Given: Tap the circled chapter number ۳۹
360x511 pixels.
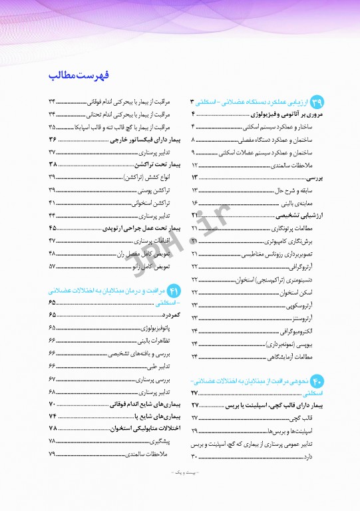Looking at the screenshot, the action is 317,102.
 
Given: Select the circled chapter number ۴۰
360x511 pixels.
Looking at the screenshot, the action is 317,381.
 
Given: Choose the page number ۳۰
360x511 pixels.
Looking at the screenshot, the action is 195,456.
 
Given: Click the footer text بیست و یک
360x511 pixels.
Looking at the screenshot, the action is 180,490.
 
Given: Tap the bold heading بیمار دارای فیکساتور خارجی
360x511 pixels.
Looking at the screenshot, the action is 138,139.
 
